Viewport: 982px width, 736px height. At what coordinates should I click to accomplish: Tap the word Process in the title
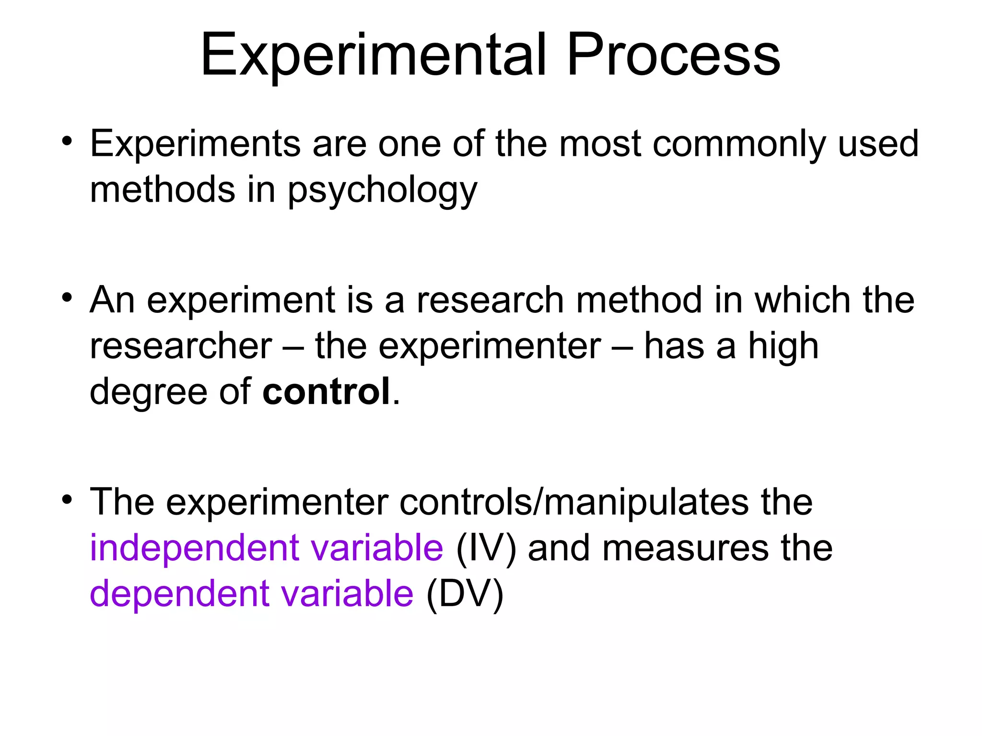(673, 55)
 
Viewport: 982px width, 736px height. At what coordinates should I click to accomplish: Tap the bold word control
(326, 391)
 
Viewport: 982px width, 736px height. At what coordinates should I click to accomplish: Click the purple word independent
(194, 548)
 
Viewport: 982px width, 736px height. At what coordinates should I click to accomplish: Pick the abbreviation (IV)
(486, 548)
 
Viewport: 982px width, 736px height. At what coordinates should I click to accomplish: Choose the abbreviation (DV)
(465, 594)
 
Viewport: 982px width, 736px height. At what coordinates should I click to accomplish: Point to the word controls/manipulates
(573, 502)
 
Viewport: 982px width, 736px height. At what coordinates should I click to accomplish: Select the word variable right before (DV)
(347, 594)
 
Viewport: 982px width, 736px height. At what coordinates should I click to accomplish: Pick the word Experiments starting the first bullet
(195, 144)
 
